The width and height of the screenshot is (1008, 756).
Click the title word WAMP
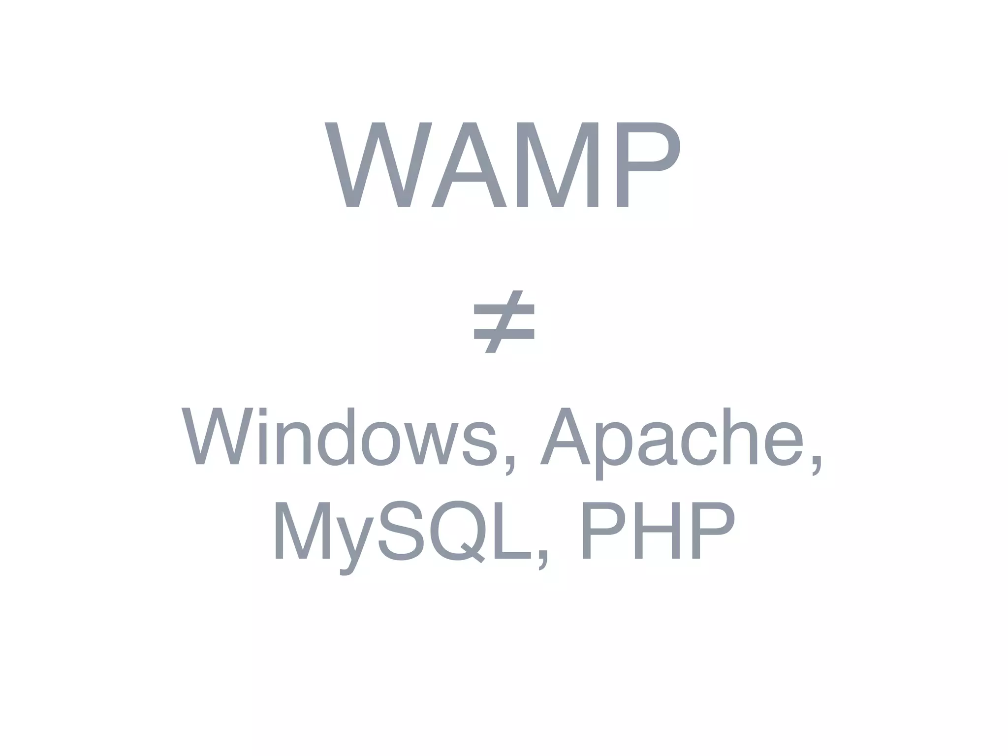pyautogui.click(x=502, y=165)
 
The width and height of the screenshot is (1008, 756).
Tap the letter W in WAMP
pyautogui.click(x=378, y=165)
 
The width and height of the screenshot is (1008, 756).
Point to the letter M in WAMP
pyautogui.click(x=558, y=165)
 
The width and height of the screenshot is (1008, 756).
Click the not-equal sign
pyautogui.click(x=504, y=321)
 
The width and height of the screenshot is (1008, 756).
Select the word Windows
pyautogui.click(x=340, y=436)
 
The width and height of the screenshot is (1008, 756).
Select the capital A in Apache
pyautogui.click(x=565, y=436)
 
